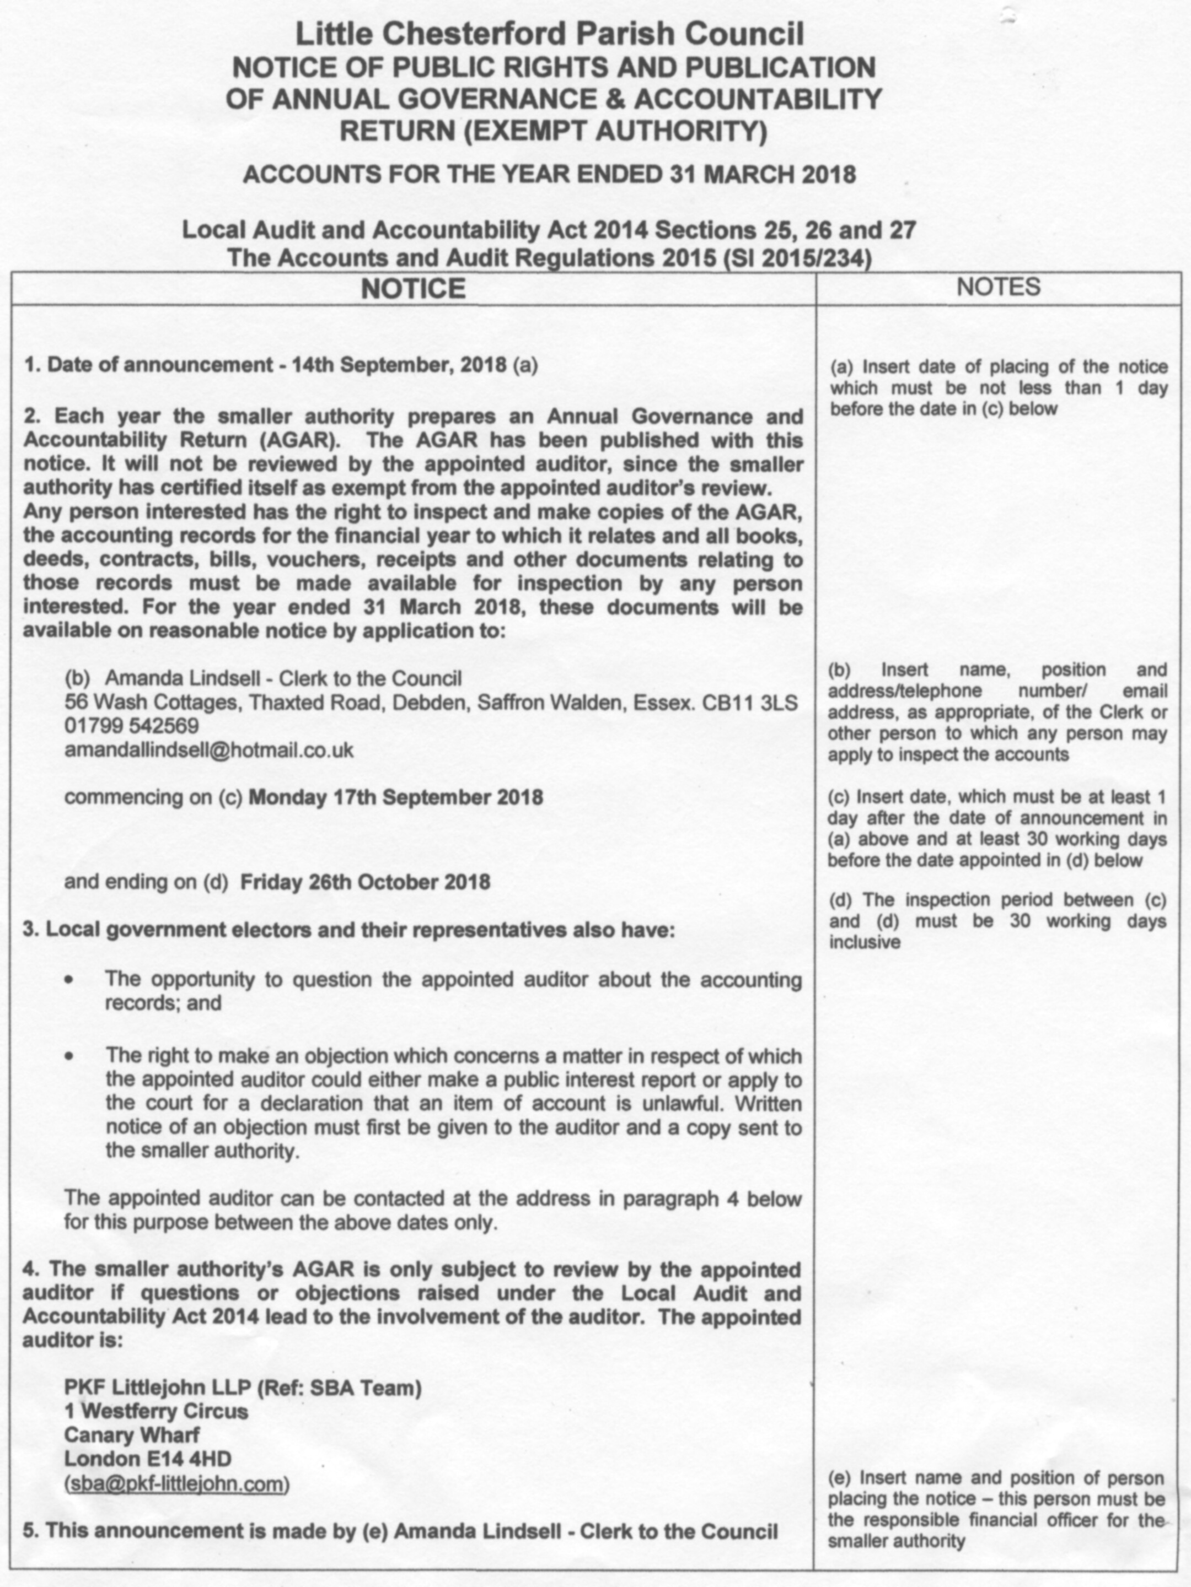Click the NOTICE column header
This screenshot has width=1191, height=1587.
(x=413, y=288)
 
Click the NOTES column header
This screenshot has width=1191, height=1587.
(x=998, y=287)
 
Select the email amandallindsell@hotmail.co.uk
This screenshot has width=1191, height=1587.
(x=209, y=750)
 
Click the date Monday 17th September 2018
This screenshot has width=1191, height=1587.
(x=395, y=797)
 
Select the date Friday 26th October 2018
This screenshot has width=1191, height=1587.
(x=364, y=882)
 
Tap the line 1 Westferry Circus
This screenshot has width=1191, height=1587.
(x=156, y=1411)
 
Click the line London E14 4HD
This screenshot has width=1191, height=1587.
(x=148, y=1459)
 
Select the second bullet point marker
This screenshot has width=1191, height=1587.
(x=69, y=1056)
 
